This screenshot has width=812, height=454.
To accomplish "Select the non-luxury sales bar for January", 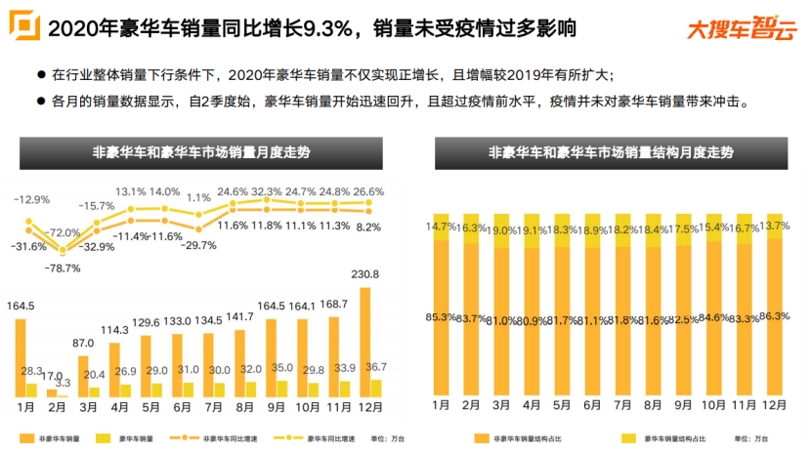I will (x=20, y=356).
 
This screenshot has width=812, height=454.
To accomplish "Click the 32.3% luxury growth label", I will (x=267, y=191).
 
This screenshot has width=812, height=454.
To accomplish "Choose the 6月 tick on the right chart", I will (x=591, y=404).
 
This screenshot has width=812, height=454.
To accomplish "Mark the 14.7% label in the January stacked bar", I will (x=439, y=227).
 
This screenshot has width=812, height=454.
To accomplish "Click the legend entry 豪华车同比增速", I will (x=301, y=438).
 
